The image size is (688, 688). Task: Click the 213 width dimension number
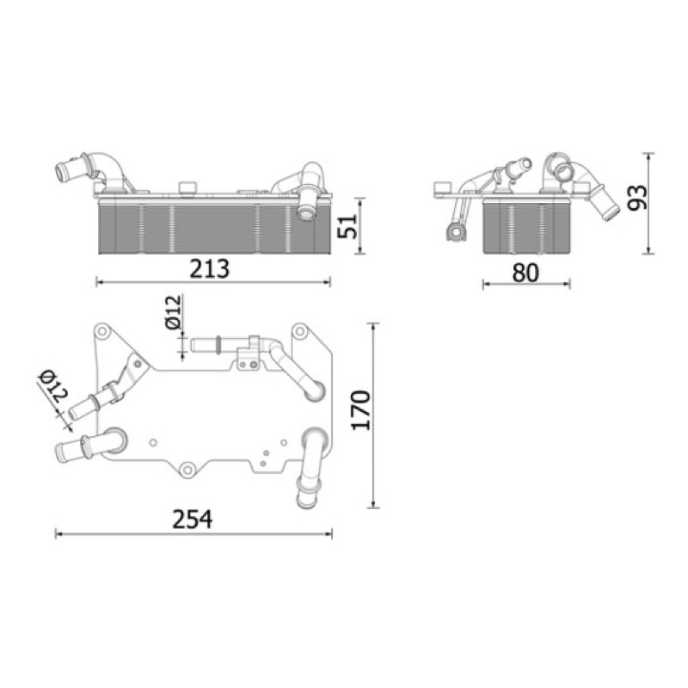coord(209,269)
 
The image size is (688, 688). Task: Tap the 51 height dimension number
coord(347,226)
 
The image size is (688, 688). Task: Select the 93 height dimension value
coord(636,198)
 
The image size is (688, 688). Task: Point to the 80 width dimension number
coord(525,273)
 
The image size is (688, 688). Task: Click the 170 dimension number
coord(361,410)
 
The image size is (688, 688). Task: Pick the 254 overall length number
coord(192,519)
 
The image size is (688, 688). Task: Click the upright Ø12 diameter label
coord(174,312)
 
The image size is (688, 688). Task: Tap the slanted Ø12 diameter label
coord(53,386)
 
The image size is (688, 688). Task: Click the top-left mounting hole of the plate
coord(102,330)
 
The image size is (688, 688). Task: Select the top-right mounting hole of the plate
coord(299,330)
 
